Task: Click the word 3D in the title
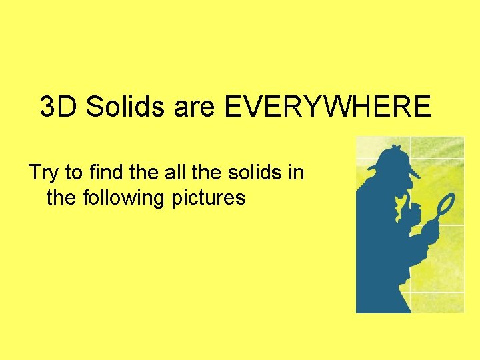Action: pyautogui.click(x=59, y=107)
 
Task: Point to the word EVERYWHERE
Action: pyautogui.click(x=327, y=107)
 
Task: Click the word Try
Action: pyautogui.click(x=43, y=173)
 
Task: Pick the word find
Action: pyautogui.click(x=101, y=173)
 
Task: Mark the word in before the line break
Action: pyautogui.click(x=297, y=173)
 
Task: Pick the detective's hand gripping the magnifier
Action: pyautogui.click(x=429, y=233)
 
